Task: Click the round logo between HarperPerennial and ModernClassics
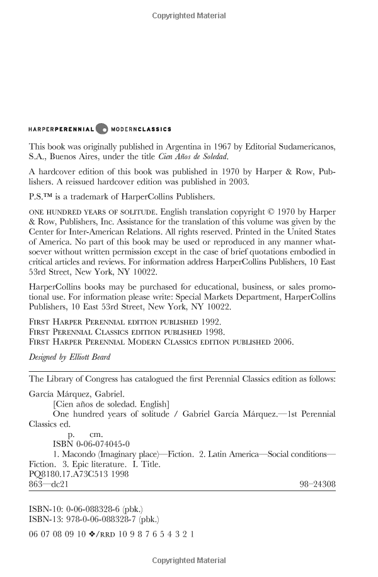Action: click(103, 129)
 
